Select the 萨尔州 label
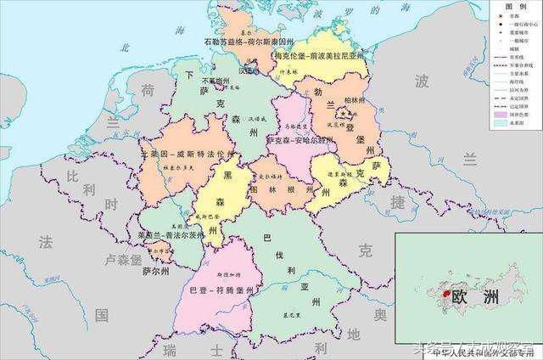156,272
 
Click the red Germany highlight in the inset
443,294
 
